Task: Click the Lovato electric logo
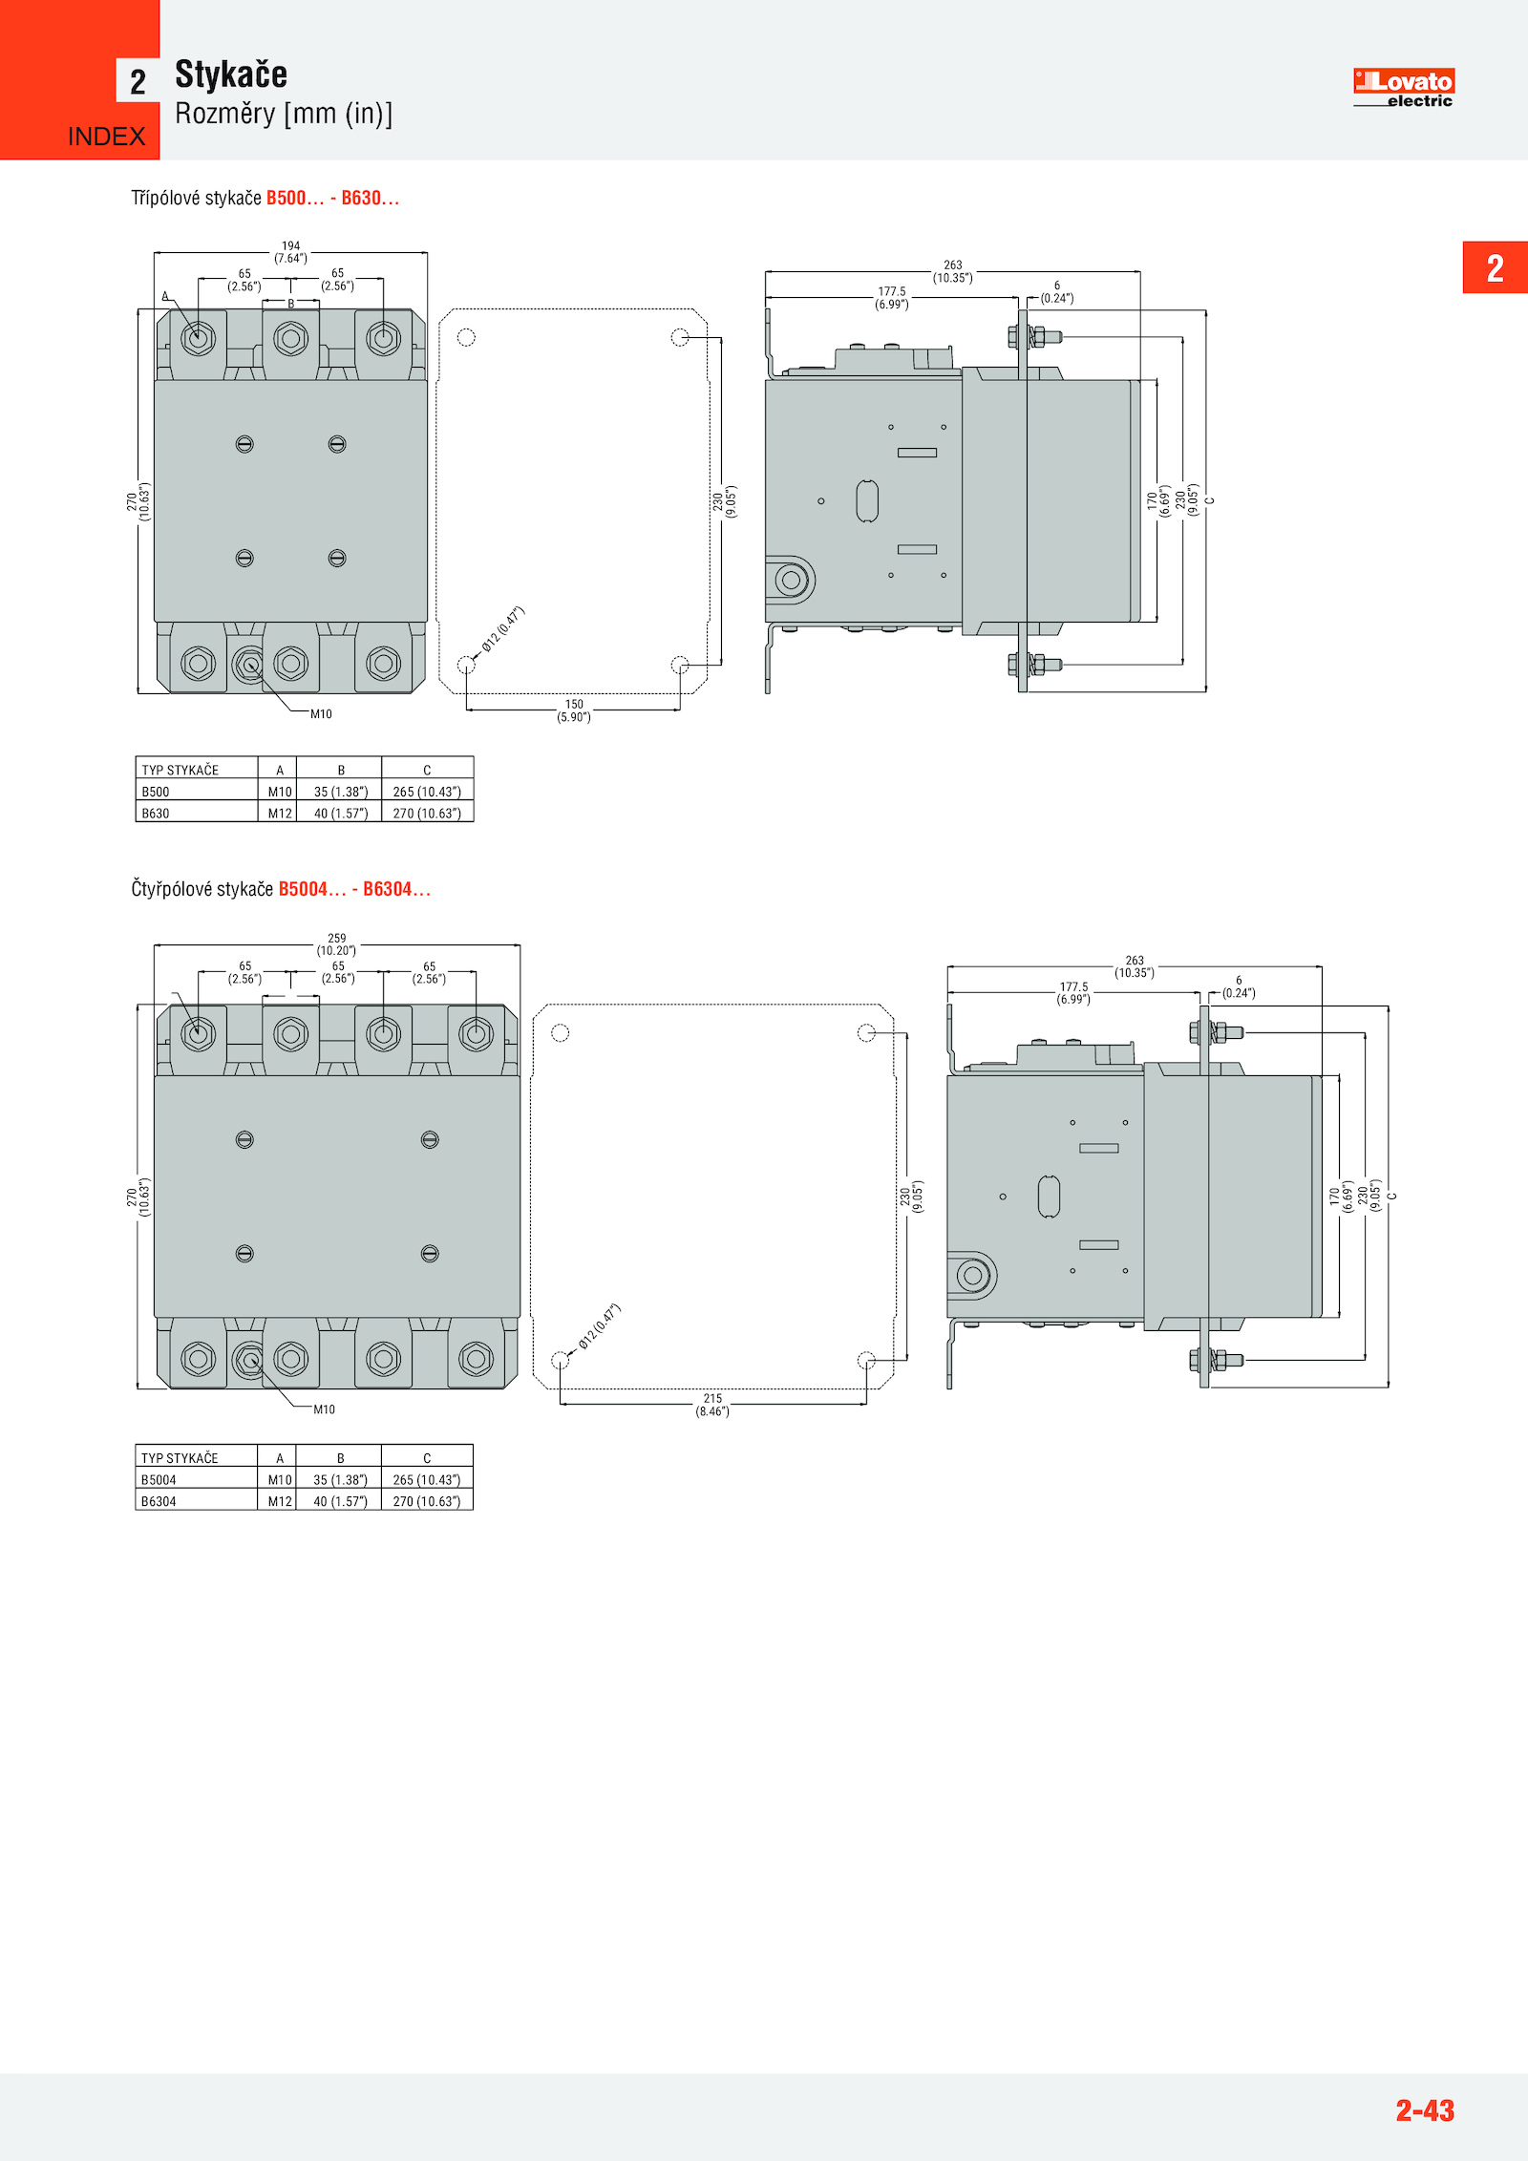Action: tap(1403, 88)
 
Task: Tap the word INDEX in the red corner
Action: tap(106, 137)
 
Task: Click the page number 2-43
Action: tap(1425, 2109)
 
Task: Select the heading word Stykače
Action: tap(231, 74)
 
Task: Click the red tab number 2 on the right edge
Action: tap(1496, 268)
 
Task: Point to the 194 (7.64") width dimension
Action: tap(290, 252)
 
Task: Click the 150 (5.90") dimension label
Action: tap(574, 710)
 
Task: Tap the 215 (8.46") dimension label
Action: tap(712, 1405)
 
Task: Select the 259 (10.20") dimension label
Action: tap(336, 944)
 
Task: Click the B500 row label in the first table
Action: tap(156, 792)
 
